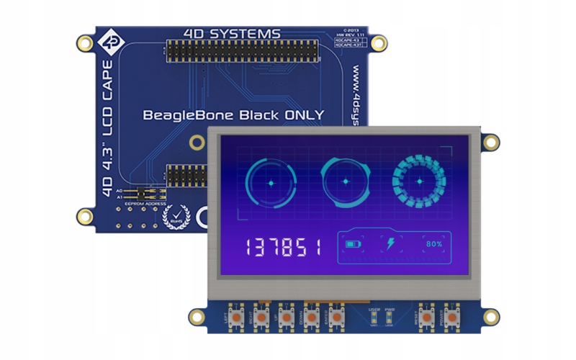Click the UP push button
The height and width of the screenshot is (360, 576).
pyautogui.click(x=286, y=318)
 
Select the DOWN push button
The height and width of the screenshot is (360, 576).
pyautogui.click(x=312, y=318)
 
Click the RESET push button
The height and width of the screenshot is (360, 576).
pyautogui.click(x=426, y=318)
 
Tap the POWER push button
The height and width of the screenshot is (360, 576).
pyautogui.click(x=451, y=318)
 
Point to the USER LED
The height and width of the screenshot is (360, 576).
pyautogui.click(x=374, y=316)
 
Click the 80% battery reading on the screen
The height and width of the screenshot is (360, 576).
pyautogui.click(x=433, y=244)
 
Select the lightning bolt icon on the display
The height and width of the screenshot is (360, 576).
pyautogui.click(x=391, y=244)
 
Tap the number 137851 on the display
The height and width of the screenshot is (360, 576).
pyautogui.click(x=283, y=248)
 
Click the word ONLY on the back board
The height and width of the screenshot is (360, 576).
pyautogui.click(x=300, y=114)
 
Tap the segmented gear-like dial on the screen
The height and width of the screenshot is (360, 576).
pyautogui.click(x=418, y=181)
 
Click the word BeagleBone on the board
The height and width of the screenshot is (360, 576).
pyautogui.click(x=189, y=114)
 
